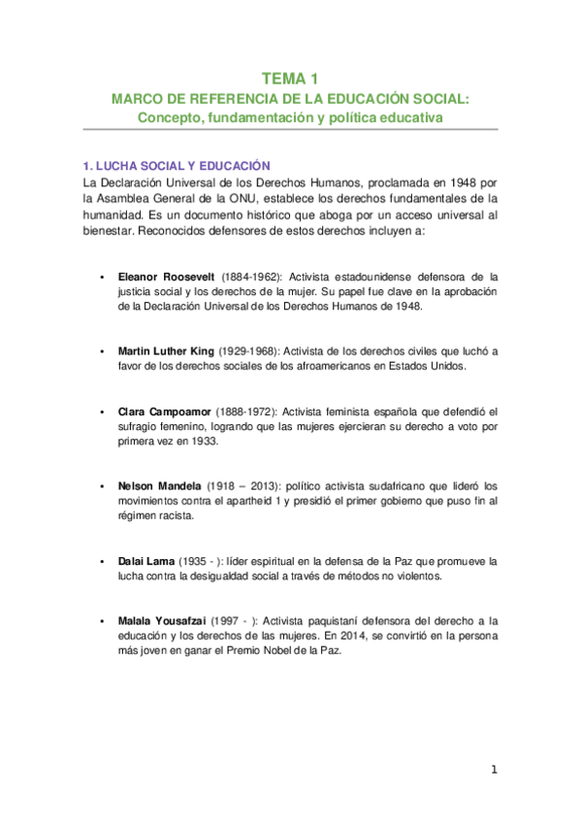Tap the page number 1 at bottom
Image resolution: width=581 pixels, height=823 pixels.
point(494,771)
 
